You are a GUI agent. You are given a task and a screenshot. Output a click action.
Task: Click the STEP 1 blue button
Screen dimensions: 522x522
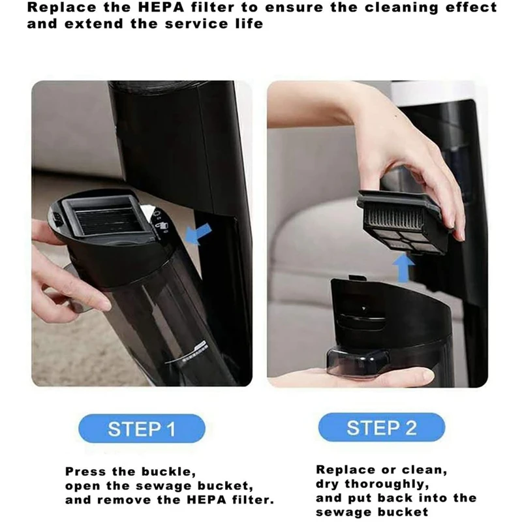[141, 429]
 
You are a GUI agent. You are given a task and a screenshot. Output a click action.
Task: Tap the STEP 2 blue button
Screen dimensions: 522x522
[381, 427]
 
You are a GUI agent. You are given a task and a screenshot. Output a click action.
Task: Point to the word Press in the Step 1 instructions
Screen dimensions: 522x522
[87, 471]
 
